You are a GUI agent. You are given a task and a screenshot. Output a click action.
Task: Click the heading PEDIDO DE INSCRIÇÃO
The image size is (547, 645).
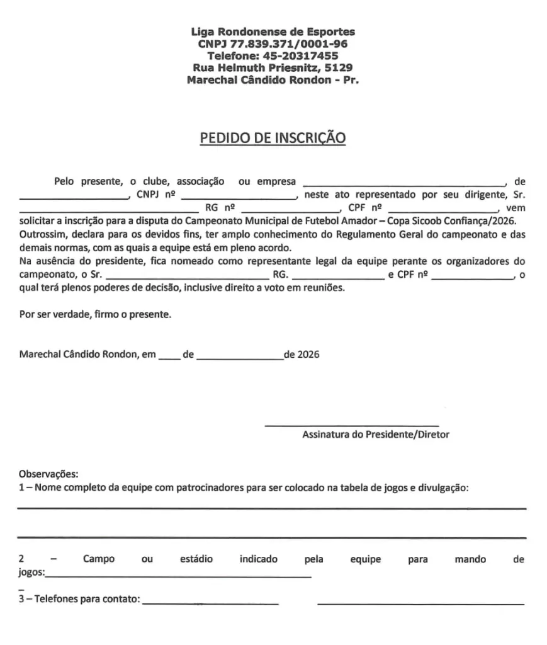(x=273, y=137)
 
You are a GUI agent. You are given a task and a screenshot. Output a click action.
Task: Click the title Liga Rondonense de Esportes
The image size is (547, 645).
(x=273, y=32)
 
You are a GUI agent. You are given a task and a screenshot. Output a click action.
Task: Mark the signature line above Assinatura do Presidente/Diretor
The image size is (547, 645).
(x=351, y=425)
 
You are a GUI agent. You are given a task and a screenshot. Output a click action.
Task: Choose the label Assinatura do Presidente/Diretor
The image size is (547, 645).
(x=376, y=435)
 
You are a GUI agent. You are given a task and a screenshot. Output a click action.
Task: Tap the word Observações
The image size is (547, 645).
(x=48, y=474)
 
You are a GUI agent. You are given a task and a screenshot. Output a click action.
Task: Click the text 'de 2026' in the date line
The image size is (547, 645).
(x=302, y=355)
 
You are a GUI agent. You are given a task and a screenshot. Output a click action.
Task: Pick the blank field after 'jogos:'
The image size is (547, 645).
(x=178, y=576)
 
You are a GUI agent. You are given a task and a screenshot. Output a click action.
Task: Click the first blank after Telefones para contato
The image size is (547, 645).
(x=211, y=603)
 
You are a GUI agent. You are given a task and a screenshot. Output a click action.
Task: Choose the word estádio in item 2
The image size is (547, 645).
(x=196, y=559)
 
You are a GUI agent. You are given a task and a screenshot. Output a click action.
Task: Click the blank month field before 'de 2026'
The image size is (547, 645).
(x=240, y=358)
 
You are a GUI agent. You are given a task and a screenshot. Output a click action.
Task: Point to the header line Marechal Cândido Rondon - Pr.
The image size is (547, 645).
(x=273, y=80)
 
